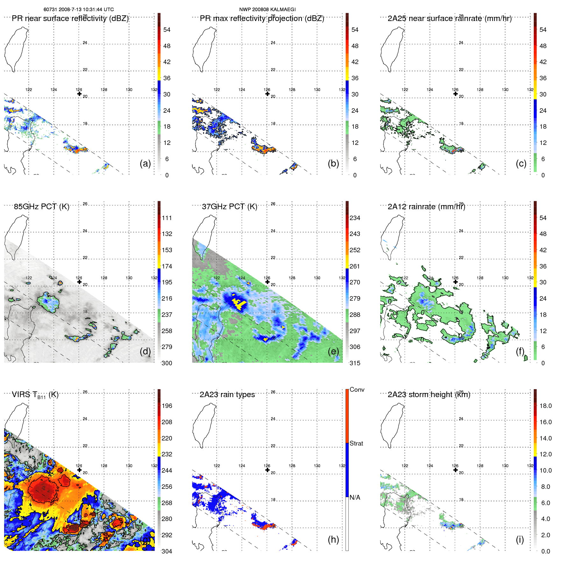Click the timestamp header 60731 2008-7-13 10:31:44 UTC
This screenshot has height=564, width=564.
pos(79,10)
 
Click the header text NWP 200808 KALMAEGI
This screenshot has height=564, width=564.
pos(268,10)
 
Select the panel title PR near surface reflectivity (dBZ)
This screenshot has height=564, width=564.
pos(70,18)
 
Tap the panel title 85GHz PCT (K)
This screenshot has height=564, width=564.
pos(42,207)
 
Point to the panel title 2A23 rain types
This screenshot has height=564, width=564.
pos(227,395)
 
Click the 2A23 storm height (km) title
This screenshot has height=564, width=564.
pos(429,395)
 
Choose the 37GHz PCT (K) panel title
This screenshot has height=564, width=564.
pos(230,207)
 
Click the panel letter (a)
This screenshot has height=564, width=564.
pos(145,163)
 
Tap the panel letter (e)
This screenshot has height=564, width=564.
pos(333,351)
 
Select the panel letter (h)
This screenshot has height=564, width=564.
pos(333,539)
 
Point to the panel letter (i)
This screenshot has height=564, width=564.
pos(520,539)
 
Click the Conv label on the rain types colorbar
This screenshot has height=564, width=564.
pos(357,390)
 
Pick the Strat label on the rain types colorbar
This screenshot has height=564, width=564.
pos(356,443)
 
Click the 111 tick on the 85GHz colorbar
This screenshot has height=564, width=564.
pos(167,218)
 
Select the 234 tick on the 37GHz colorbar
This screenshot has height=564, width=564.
pos(355,218)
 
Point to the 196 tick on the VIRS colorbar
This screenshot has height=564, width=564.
pos(167,406)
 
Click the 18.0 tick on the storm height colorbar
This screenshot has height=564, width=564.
pos(546,406)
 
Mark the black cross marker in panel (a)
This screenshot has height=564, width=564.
pos(79,94)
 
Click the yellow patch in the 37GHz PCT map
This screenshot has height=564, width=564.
pos(239,303)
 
